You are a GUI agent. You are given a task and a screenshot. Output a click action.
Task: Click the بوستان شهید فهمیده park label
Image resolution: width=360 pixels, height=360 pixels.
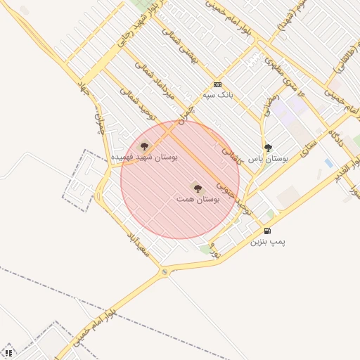point(144,157)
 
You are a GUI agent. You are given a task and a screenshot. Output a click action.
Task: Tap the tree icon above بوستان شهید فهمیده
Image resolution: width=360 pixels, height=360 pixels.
point(144,146)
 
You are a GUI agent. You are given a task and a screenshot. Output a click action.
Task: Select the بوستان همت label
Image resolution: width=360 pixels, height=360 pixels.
point(198,200)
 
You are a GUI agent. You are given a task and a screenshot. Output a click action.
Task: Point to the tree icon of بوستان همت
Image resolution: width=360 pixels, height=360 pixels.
point(197,188)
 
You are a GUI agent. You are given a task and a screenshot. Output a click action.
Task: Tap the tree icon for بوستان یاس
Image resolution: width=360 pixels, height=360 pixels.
point(268,148)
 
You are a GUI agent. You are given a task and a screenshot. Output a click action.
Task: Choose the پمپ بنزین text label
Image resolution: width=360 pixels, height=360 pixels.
point(268,241)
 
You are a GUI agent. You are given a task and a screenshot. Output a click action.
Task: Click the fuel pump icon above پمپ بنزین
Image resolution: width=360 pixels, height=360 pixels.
point(266,231)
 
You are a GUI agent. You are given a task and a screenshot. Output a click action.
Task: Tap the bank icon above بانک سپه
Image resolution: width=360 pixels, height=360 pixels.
point(217,84)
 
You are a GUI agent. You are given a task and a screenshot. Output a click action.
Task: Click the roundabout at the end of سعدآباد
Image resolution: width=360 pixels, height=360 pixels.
point(165,271)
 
